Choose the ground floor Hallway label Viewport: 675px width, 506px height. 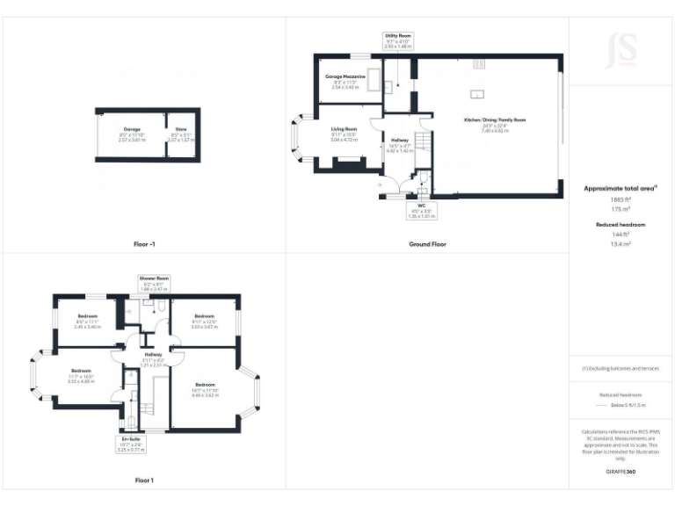point(400,147)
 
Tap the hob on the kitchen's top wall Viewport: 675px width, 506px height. point(479,63)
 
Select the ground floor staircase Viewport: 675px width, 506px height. point(424,141)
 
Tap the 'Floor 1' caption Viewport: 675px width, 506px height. point(143,481)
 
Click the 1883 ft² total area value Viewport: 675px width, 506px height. point(621,199)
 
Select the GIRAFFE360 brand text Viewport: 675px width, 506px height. point(621,473)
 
